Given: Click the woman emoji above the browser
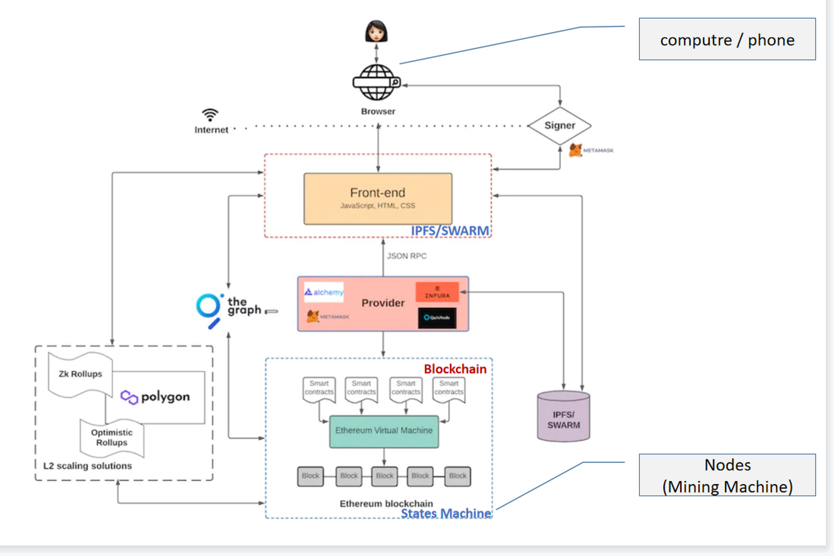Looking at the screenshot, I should tap(376, 31).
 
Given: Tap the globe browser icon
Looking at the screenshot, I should tap(376, 82).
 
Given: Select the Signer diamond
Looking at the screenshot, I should tap(560, 125).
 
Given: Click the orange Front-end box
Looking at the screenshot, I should tap(378, 199).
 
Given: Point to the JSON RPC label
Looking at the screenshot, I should tap(406, 256).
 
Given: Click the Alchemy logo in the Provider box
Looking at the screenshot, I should tap(323, 292).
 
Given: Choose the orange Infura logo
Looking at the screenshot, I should tap(437, 292).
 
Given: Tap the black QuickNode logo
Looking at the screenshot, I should tap(437, 318).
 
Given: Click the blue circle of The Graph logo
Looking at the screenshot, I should tap(208, 306).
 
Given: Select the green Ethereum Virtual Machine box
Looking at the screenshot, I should tap(384, 431).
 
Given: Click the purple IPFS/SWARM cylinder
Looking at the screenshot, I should tap(563, 418).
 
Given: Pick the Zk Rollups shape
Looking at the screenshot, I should tap(80, 374).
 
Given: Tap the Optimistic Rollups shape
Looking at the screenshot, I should tap(112, 438).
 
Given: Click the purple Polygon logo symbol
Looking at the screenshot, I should tap(129, 397).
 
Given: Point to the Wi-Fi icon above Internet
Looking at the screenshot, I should tap(210, 115).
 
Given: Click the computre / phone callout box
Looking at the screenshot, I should tap(727, 39).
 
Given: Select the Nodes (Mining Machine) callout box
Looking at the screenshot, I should tap(727, 475).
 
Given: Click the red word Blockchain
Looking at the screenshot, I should tap(455, 369).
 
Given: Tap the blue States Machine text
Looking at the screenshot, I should tap(445, 514).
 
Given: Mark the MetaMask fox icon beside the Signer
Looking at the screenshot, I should tap(575, 150).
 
